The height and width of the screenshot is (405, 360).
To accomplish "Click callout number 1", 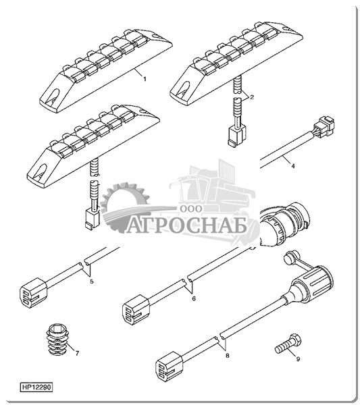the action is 145,79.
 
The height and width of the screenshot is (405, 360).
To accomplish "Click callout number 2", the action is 252,97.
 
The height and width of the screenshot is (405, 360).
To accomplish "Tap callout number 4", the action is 293,166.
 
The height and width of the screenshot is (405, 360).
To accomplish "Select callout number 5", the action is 92,281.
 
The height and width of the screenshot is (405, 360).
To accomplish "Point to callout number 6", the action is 194,298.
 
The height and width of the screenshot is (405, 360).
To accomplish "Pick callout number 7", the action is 77,353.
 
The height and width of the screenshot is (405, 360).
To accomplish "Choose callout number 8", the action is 228,356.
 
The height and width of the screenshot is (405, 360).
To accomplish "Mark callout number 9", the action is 298,359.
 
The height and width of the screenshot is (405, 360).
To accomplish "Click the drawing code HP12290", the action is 36,387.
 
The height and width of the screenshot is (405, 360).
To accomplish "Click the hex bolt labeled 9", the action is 288,344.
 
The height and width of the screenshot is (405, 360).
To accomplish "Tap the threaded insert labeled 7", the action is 57,339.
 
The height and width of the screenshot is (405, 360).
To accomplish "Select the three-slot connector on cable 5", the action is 34,293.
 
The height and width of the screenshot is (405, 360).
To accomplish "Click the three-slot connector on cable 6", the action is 136,310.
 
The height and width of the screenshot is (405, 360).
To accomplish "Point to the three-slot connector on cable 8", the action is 170,367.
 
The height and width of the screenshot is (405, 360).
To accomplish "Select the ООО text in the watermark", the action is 191,209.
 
